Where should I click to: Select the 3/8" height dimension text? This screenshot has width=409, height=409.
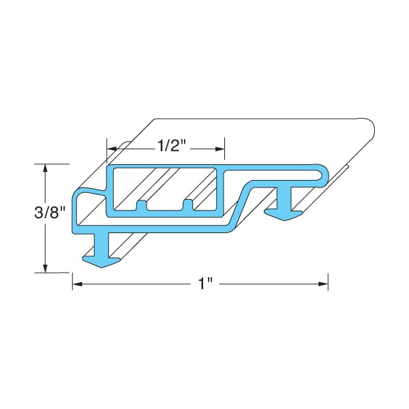pos(50,212)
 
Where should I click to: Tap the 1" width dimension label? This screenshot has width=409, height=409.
pos(206,283)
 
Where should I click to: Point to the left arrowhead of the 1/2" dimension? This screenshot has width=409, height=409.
pos(112,149)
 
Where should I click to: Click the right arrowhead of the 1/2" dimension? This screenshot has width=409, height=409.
pos(220,149)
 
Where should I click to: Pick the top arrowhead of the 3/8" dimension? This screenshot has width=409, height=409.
pos(46,168)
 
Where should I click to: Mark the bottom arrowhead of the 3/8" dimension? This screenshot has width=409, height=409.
pos(46,268)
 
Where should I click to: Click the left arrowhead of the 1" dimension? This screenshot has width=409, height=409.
pos(78,284)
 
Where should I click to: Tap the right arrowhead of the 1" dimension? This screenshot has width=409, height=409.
pos(323,284)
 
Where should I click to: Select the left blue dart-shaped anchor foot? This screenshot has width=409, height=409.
pos(102,262)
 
